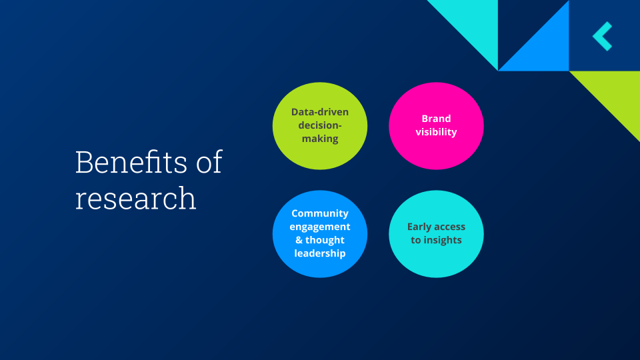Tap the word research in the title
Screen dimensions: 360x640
(x=135, y=198)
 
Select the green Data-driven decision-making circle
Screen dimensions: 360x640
(x=320, y=125)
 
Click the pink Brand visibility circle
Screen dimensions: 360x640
(x=436, y=125)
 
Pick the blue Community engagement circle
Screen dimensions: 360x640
(x=320, y=233)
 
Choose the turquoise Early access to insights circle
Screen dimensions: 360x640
(x=436, y=233)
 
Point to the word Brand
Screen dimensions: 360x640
(x=436, y=119)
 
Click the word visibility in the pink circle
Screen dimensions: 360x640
(x=436, y=132)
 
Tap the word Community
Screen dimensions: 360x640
(x=320, y=213)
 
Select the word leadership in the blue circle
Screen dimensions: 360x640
(x=320, y=253)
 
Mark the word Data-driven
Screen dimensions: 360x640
(x=320, y=112)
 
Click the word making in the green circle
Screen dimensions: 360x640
(x=320, y=139)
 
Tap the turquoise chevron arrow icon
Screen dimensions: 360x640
(x=603, y=36)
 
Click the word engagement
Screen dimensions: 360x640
(x=320, y=227)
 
